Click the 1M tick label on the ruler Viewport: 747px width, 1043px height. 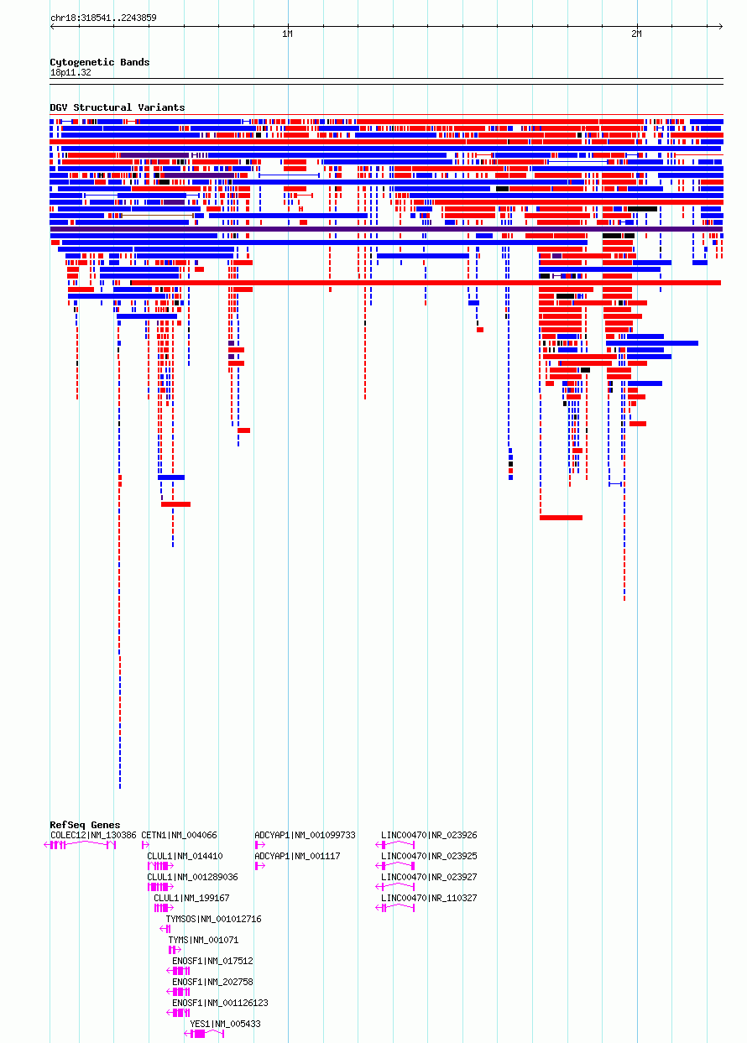click(287, 34)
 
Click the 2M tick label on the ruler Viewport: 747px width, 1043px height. click(636, 34)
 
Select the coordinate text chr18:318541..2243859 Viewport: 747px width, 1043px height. click(103, 18)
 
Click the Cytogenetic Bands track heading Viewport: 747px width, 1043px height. click(100, 62)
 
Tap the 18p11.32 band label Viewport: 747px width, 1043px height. click(71, 73)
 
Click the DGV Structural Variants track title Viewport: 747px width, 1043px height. click(118, 107)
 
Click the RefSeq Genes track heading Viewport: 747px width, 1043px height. click(85, 825)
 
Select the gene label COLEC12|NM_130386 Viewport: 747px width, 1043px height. click(93, 835)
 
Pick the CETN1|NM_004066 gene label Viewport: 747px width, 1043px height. click(179, 835)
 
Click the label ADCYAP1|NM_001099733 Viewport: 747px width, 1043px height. click(305, 835)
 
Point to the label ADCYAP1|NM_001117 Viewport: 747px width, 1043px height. click(297, 856)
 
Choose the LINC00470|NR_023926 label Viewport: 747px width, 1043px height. click(429, 835)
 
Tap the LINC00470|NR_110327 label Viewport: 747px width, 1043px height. click(429, 898)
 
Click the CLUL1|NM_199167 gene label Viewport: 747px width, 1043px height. click(191, 898)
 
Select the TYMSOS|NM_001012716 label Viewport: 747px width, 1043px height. click(213, 919)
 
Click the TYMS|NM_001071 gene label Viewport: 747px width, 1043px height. click(203, 940)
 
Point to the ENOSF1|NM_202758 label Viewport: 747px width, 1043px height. click(212, 982)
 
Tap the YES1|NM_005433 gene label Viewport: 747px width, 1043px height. click(225, 1024)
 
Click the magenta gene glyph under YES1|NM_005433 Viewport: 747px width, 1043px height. click(204, 1034)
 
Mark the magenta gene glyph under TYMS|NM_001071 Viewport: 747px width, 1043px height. click(175, 950)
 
